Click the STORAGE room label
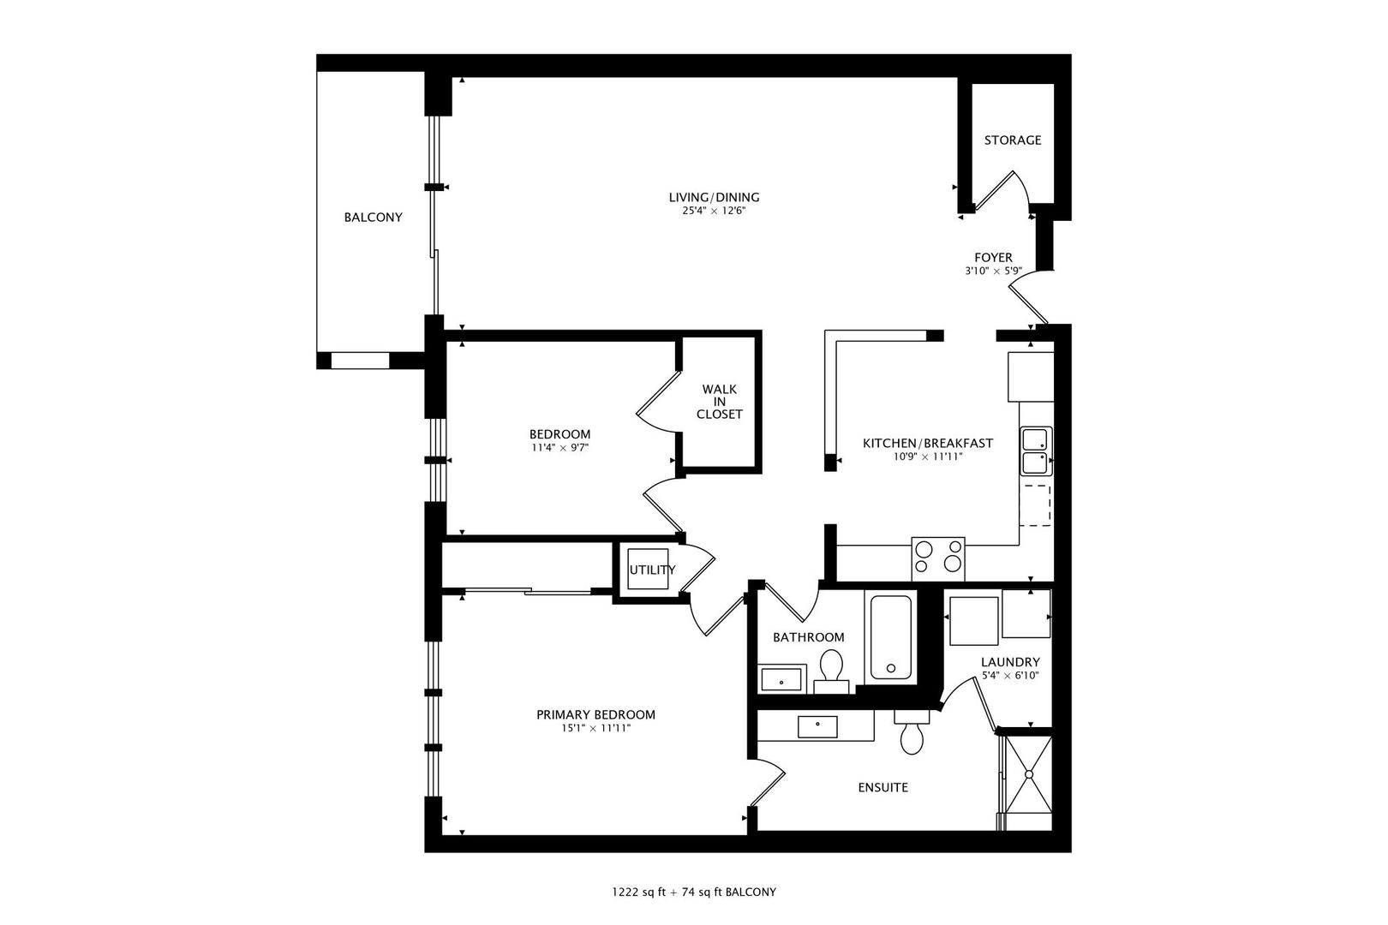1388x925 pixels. pos(1012,140)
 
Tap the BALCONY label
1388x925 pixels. pos(373,218)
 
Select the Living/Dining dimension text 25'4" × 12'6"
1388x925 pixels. pos(714,211)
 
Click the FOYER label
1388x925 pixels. pos(993,257)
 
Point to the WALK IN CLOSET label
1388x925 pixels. pos(719,402)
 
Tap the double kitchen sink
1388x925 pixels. pos(1036,451)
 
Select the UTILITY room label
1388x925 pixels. pos(652,570)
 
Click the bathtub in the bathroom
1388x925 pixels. pos(891,637)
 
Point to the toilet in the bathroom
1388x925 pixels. pos(830,668)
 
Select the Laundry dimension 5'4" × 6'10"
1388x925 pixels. pos(1010,676)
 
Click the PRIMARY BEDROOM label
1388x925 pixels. pos(595,714)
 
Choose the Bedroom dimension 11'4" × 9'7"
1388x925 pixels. pos(559,447)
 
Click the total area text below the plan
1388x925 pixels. pos(693,892)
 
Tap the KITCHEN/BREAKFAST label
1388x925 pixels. pos(927,443)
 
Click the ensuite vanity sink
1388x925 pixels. pos(817,726)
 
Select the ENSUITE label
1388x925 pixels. pos(882,787)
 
